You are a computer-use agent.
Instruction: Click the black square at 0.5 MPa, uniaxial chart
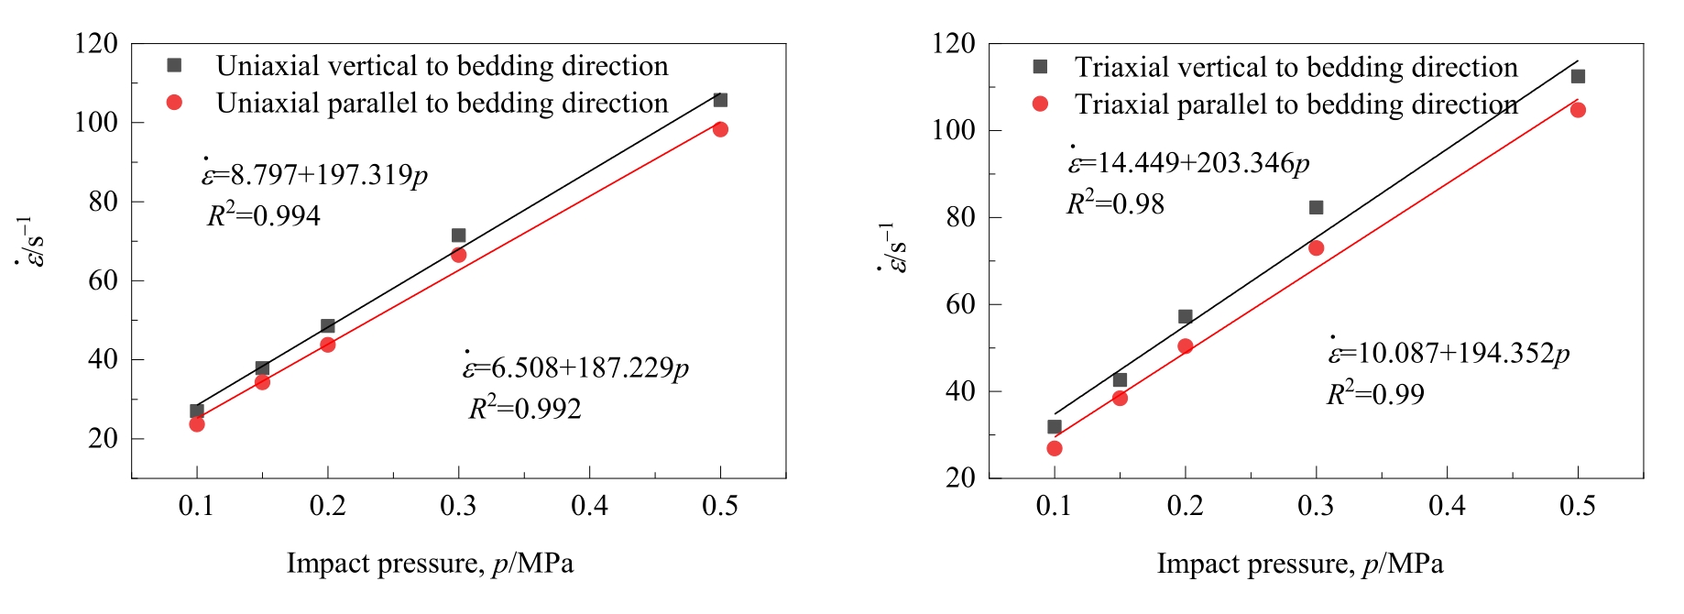[x=720, y=100]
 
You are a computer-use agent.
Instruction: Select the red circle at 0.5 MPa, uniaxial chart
[x=720, y=129]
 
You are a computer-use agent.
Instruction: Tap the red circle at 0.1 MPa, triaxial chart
[x=1055, y=448]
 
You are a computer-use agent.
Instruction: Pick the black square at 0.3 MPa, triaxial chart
[x=1317, y=208]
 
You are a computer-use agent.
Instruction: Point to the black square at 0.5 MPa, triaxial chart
[x=1578, y=76]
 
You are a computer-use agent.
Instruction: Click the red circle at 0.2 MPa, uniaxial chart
[x=328, y=345]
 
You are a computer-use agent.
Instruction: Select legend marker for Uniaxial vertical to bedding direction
[x=174, y=65]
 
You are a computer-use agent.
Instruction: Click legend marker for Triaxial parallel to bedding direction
[x=1040, y=104]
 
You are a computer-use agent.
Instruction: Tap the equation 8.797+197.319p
[x=315, y=174]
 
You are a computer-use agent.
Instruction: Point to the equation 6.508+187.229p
[x=575, y=367]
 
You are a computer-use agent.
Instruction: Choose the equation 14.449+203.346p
[x=1188, y=163]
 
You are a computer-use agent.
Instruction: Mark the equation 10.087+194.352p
[x=1449, y=354]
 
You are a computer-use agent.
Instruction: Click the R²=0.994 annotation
[x=264, y=216]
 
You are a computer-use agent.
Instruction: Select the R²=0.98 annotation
[x=1115, y=203]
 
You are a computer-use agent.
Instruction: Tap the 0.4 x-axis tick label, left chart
[x=589, y=506]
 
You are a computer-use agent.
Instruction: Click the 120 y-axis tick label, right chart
[x=955, y=43]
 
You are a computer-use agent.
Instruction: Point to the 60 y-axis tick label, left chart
[x=103, y=280]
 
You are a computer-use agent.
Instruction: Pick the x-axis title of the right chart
[x=1299, y=564]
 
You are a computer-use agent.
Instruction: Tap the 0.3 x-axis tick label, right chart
[x=1317, y=506]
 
